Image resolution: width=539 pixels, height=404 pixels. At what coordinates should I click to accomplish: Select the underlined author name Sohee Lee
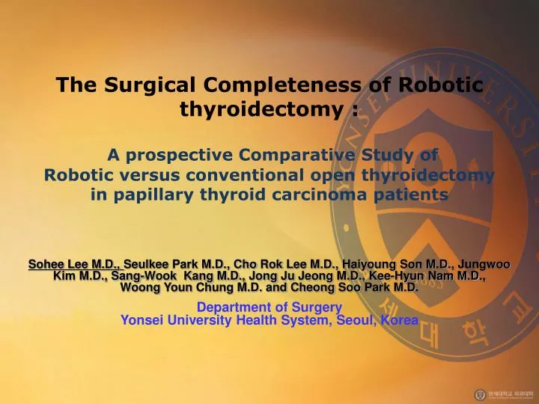(x=62, y=264)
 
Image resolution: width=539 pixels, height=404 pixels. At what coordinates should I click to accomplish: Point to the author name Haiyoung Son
(x=381, y=264)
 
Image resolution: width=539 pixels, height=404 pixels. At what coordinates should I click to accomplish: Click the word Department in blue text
(x=229, y=307)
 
